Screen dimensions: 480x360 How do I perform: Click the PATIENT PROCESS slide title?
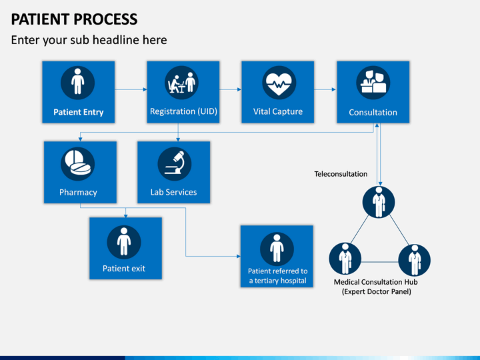[x=75, y=19]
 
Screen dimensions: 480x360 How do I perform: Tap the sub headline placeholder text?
[x=89, y=40]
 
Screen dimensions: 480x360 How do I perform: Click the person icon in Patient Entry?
[x=78, y=83]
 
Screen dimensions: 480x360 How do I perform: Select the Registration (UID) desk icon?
[x=182, y=83]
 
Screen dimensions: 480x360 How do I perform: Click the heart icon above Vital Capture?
[x=279, y=83]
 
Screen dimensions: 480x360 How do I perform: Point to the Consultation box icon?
[x=373, y=83]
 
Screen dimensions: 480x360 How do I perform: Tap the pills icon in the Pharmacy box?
[x=78, y=164]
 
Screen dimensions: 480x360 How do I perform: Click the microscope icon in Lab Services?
[x=175, y=164]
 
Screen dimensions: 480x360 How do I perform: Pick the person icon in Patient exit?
[x=124, y=242]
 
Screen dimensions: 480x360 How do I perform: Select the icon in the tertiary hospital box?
[x=277, y=249]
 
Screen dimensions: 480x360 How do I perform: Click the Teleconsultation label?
[x=341, y=174]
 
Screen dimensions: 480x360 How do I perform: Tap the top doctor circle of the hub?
[x=379, y=202]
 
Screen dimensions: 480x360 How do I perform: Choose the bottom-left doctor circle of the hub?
[x=345, y=259]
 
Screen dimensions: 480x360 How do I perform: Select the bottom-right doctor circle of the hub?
[x=415, y=260]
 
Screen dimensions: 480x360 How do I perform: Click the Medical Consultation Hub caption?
[x=376, y=287]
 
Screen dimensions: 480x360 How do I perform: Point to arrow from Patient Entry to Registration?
[x=131, y=89]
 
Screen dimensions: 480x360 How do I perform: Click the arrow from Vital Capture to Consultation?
[x=325, y=89]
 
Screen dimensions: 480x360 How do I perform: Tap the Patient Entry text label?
[x=79, y=112]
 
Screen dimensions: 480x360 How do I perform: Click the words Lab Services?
[x=173, y=192]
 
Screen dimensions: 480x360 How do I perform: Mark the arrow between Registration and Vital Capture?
[x=231, y=89]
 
